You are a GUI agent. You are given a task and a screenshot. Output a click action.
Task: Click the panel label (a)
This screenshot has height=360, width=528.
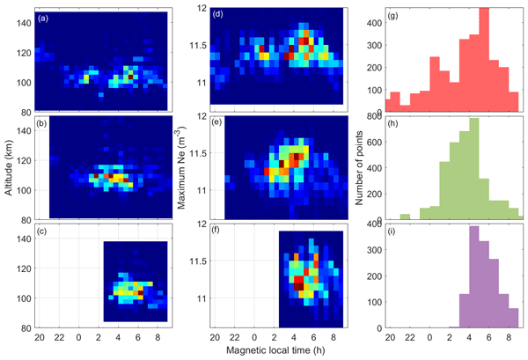[42, 18]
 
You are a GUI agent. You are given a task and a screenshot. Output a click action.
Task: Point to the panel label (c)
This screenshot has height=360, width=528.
[42, 234]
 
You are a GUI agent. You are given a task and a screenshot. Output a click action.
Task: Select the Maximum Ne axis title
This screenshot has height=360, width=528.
[185, 167]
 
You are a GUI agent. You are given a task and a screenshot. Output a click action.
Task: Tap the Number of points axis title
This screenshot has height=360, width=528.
[360, 167]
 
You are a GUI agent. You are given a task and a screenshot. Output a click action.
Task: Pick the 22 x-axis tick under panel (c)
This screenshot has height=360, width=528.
[60, 337]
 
